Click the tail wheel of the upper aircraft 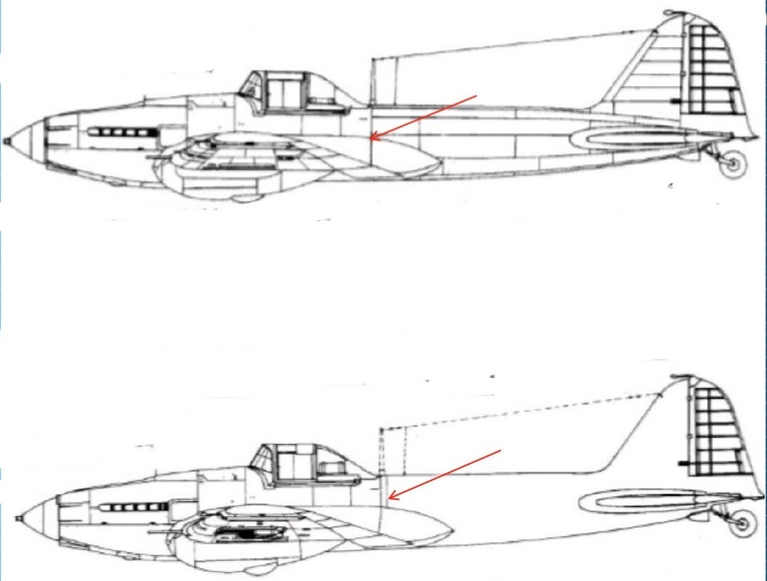tap(734, 164)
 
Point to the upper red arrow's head tap(371, 139)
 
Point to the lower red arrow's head tap(388, 497)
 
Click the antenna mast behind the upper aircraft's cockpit tap(371, 81)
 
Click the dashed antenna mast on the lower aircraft tap(380, 450)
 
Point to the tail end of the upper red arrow tap(477, 96)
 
